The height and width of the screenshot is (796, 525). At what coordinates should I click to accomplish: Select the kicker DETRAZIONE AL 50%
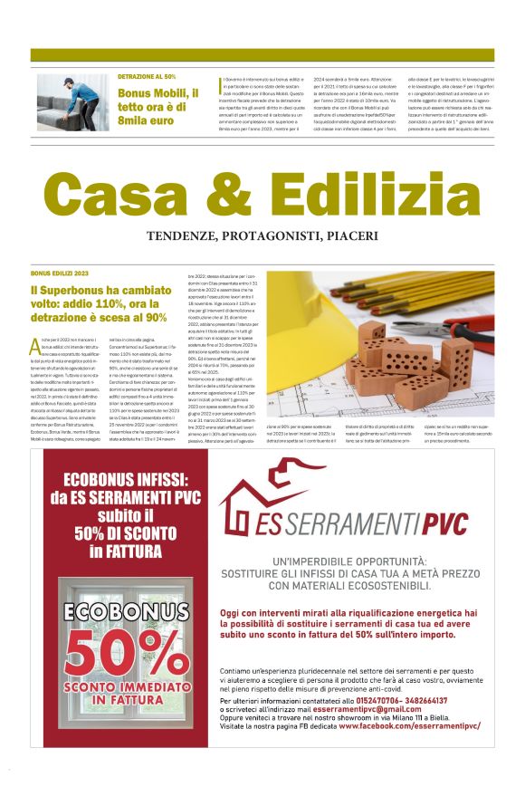coord(147,77)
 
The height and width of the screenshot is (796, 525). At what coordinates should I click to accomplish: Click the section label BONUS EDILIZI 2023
coord(60,273)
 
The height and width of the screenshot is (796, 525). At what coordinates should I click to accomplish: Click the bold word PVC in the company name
coord(435,523)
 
